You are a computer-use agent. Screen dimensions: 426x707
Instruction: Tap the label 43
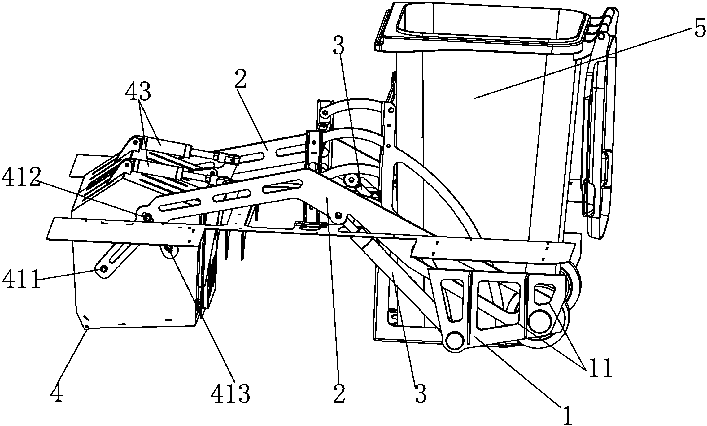tap(138, 92)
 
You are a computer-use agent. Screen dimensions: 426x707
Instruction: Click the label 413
tap(230, 393)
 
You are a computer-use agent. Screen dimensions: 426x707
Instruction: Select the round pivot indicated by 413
tap(169, 250)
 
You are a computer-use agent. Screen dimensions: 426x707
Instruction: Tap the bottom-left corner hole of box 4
tap(87, 327)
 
